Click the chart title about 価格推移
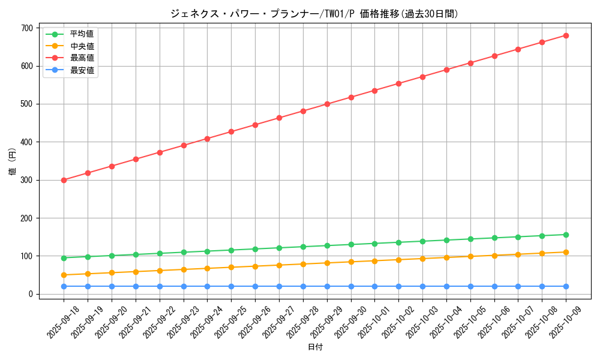click(314, 14)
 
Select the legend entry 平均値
click(82, 34)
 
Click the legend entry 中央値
click(82, 46)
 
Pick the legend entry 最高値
click(82, 58)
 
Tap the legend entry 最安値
click(82, 70)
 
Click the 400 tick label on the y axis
click(26, 142)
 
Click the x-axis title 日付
click(315, 347)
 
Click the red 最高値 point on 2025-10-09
click(566, 35)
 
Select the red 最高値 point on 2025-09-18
click(64, 180)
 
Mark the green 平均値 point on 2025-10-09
click(566, 235)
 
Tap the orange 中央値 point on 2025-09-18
click(64, 275)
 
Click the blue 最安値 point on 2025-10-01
click(375, 286)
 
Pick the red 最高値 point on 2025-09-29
click(327, 104)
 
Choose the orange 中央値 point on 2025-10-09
click(566, 252)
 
